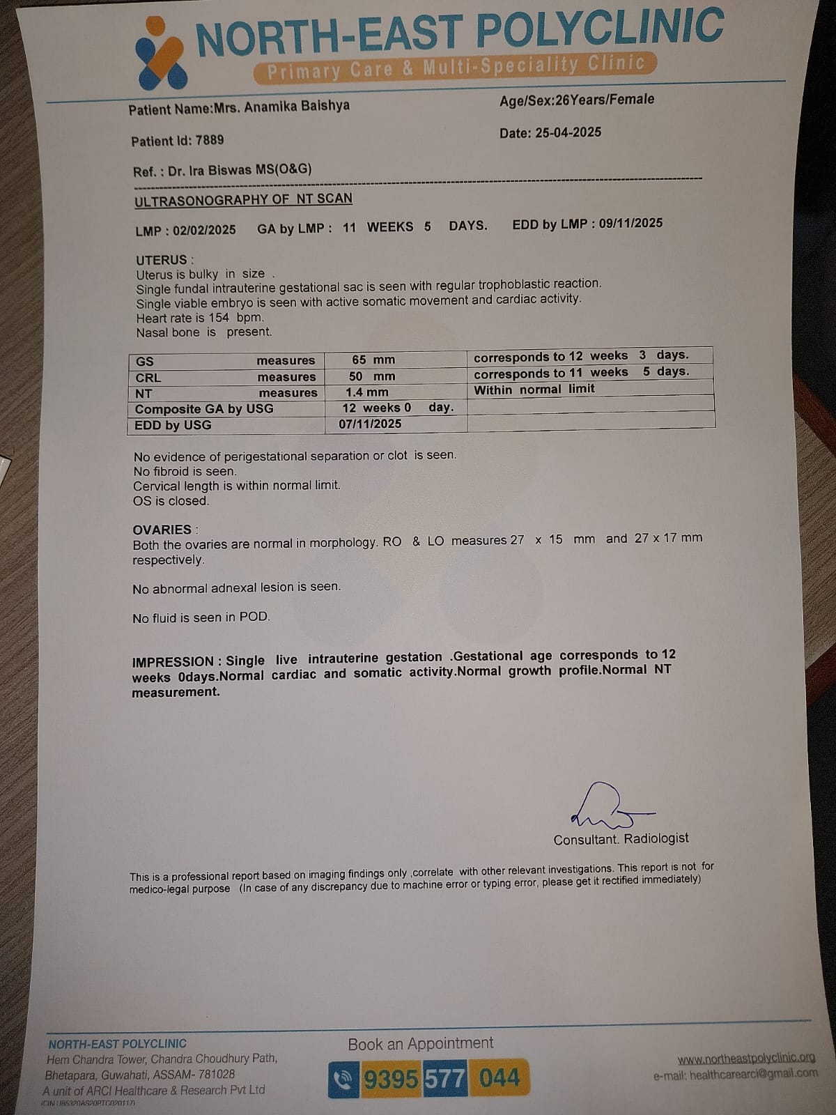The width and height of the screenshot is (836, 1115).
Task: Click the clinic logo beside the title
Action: tap(160, 54)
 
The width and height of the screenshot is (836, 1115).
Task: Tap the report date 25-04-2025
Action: tap(568, 132)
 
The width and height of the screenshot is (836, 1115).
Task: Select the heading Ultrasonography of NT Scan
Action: tap(243, 200)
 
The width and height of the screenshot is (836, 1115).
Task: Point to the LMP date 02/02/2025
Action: tap(204, 230)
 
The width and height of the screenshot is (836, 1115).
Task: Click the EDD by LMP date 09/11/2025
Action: tap(630, 224)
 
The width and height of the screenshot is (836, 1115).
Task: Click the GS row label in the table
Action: tap(145, 361)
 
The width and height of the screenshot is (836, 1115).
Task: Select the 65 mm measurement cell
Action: tap(373, 360)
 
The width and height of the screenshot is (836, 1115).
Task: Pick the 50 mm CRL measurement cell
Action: tap(372, 376)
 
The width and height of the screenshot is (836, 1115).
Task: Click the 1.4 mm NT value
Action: tap(367, 392)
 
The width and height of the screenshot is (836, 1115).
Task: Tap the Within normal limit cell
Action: tap(534, 390)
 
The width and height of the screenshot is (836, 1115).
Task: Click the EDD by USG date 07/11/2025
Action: tap(370, 424)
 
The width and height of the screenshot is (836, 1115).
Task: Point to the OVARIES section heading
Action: tap(162, 530)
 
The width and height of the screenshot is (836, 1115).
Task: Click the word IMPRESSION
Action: tap(173, 661)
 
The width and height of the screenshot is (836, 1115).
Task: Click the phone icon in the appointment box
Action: tap(343, 1079)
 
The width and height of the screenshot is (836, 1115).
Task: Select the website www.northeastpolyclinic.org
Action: tap(746, 1059)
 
